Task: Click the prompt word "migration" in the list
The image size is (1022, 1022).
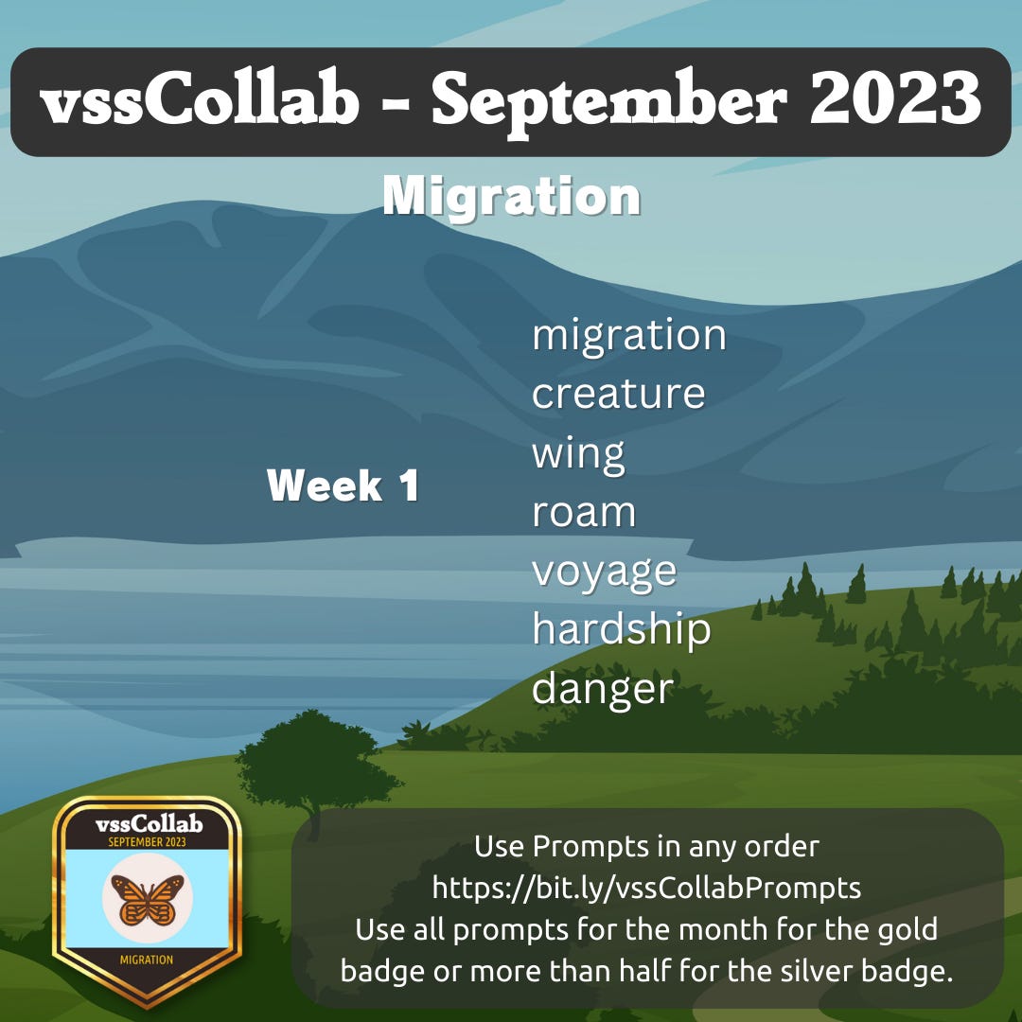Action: click(x=628, y=336)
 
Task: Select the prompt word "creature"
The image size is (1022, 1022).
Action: click(x=618, y=395)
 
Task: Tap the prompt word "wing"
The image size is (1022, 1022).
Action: click(x=578, y=454)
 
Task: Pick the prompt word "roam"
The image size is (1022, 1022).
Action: click(x=583, y=513)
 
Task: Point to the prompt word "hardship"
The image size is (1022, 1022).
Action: click(x=621, y=630)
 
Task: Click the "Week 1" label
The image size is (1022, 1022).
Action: click(x=343, y=486)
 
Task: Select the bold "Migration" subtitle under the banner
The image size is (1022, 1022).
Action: click(x=511, y=197)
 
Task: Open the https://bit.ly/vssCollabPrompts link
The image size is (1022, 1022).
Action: click(x=646, y=888)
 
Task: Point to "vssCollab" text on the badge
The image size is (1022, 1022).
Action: click(x=149, y=824)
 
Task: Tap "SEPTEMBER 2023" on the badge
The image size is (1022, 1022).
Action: click(x=147, y=841)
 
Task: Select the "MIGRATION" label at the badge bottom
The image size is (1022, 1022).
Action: click(x=147, y=960)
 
